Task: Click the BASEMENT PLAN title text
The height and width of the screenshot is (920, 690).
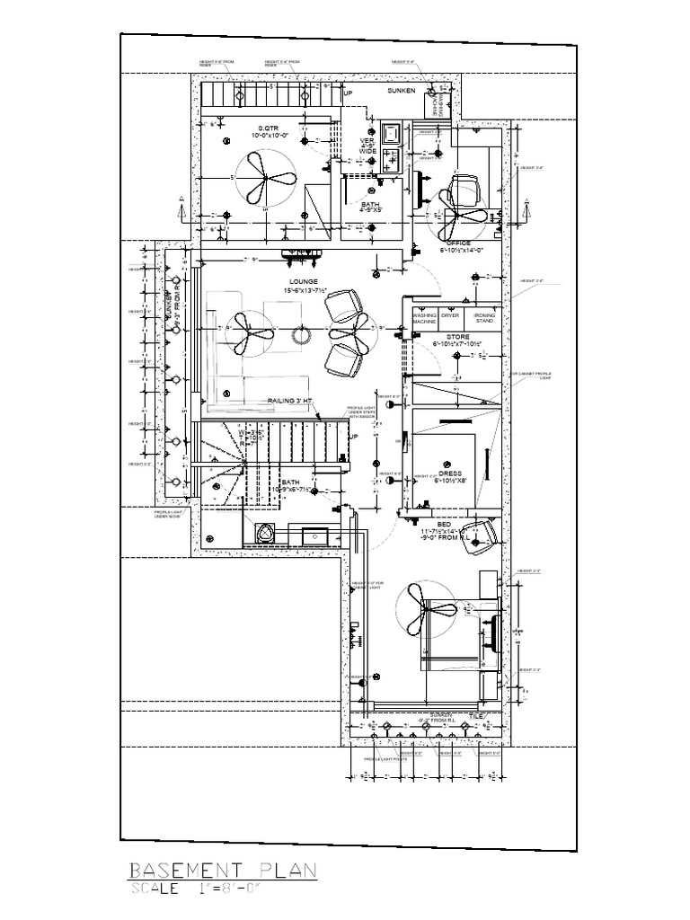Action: point(222,870)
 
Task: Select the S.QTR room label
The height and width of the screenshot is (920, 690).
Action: point(267,128)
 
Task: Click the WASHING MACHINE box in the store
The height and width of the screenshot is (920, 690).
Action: point(423,320)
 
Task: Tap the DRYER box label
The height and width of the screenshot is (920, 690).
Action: point(450,316)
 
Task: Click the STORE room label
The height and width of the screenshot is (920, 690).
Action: point(458,337)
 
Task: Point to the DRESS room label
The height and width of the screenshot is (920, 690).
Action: point(450,473)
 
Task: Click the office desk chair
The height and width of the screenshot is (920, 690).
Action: point(464,191)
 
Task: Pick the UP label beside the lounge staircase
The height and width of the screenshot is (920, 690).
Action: point(353,438)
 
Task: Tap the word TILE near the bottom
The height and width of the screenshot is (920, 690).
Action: point(476,715)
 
